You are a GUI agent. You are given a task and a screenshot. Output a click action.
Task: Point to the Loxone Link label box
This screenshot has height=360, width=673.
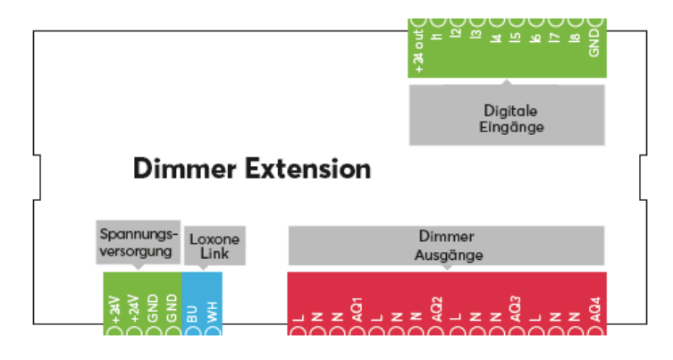point(215,247)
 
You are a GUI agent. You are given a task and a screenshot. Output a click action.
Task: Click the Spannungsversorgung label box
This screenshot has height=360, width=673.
point(137,242)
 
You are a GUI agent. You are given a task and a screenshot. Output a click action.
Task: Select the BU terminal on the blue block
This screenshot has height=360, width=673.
point(192,315)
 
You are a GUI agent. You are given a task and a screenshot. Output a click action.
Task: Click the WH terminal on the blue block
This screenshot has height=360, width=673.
point(212,315)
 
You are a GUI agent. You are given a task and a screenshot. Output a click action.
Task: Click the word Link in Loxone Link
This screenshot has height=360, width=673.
point(215,255)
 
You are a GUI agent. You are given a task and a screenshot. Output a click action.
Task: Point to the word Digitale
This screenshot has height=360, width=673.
point(506,111)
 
